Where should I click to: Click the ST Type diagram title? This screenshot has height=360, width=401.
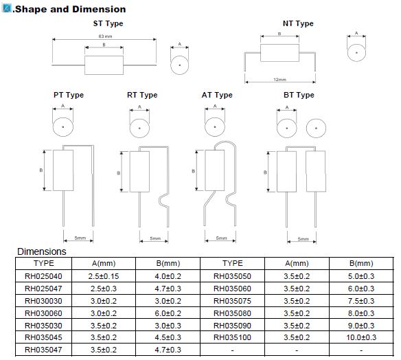108,23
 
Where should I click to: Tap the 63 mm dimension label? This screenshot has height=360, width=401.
105,36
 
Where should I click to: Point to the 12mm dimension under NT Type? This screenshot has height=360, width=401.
279,80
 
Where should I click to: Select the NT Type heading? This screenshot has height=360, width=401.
298,23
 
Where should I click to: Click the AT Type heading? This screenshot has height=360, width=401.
217,95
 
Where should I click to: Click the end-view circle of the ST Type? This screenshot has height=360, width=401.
179,65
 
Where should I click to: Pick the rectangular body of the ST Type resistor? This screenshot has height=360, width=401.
104,65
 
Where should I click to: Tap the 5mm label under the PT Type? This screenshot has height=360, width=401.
80,238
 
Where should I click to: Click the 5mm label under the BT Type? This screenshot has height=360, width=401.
303,239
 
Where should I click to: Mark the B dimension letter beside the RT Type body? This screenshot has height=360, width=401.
118,173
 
